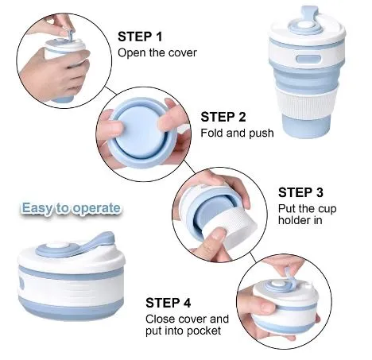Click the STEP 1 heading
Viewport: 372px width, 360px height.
140,37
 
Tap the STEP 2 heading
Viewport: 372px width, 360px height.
223,117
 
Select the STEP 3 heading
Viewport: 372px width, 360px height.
300,192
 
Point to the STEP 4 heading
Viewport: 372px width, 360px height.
169,303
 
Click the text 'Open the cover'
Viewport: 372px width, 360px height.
157,52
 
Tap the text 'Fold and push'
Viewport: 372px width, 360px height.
237,133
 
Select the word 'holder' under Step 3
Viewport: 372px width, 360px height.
295,220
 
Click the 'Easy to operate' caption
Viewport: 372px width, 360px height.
71,208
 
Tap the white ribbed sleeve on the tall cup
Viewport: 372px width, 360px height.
306,103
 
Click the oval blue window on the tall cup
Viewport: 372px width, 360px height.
308,60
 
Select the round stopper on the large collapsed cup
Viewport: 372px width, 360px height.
56,246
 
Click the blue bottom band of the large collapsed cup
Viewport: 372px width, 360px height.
71,308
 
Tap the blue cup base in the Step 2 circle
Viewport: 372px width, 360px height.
143,133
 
